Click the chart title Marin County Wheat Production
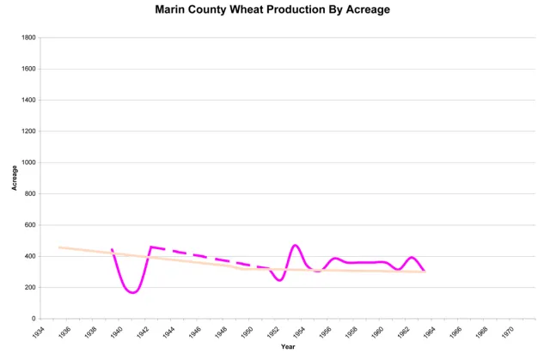point(274,9)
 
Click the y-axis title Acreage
point(15,178)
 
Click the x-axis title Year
point(287,347)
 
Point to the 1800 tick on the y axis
point(28,38)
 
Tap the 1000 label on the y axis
point(28,162)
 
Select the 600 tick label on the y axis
point(30,225)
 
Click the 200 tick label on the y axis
point(30,288)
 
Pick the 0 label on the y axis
point(34,319)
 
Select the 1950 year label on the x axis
point(247,332)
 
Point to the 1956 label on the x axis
point(326,332)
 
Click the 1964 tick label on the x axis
point(430,332)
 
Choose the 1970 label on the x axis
point(508,332)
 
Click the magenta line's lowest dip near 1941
point(133,292)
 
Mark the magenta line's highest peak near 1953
point(296,245)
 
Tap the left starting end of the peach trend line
point(59,247)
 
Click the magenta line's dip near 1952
point(279,280)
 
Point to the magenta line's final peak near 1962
point(412,257)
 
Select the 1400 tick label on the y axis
point(28,101)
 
